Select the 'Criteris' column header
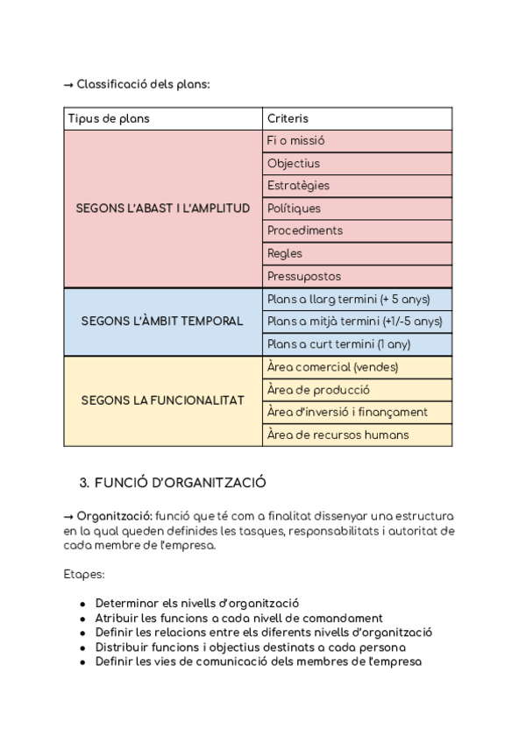[288, 118]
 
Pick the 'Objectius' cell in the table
[294, 164]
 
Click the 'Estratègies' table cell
[298, 186]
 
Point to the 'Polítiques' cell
[294, 209]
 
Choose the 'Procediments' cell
[304, 230]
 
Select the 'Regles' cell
[285, 253]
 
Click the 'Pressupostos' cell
[304, 276]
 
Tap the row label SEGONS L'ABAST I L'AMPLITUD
[163, 209]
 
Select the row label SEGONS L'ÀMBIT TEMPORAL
[162, 322]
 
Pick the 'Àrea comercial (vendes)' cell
[332, 367]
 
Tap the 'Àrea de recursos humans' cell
[338, 435]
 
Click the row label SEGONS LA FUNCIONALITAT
[162, 400]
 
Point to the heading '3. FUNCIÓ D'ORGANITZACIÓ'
[173, 483]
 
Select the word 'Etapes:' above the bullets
[83, 574]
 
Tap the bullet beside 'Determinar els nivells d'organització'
[82, 604]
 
